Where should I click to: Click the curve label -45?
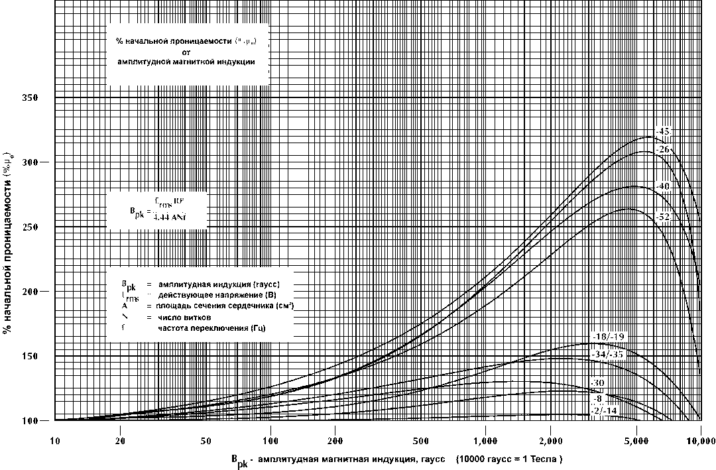click(663, 131)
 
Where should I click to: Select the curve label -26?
click(663, 150)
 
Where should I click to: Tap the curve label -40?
click(663, 186)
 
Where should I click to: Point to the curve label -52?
click(663, 217)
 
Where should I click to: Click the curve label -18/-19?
click(607, 337)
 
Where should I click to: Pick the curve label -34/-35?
click(607, 355)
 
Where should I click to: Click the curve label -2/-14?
click(604, 412)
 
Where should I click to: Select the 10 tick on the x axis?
click(55, 441)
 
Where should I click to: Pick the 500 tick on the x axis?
click(420, 441)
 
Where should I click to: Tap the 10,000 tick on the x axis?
click(700, 441)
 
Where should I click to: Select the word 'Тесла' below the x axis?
click(542, 459)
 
